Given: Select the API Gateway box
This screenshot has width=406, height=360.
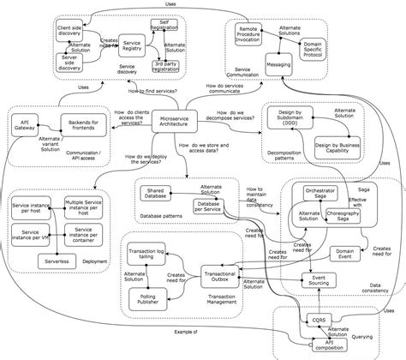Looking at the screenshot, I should (26, 127).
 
